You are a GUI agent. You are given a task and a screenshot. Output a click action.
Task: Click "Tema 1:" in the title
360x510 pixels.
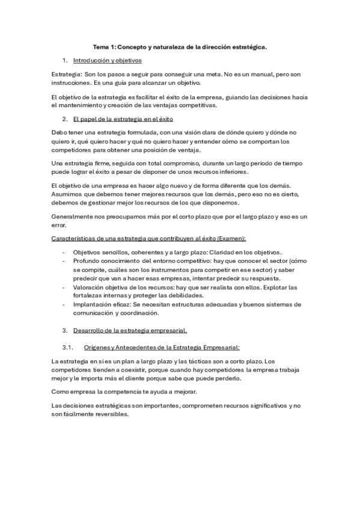(105, 46)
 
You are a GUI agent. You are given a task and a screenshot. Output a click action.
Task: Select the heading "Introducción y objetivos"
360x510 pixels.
(107, 61)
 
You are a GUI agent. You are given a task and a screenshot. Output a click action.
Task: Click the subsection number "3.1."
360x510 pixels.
(67, 347)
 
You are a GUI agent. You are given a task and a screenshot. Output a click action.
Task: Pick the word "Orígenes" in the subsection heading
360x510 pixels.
(97, 347)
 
